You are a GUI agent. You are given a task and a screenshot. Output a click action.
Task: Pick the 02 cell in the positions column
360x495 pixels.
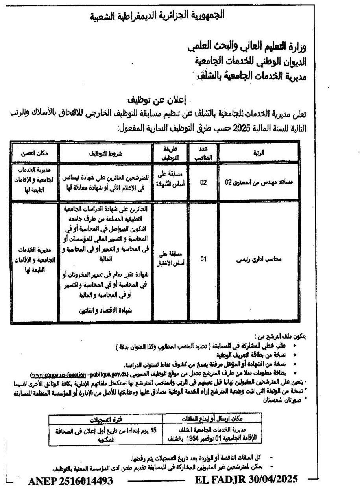tap(203, 182)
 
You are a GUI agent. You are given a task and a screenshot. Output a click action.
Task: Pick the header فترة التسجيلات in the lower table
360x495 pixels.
tap(106, 418)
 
